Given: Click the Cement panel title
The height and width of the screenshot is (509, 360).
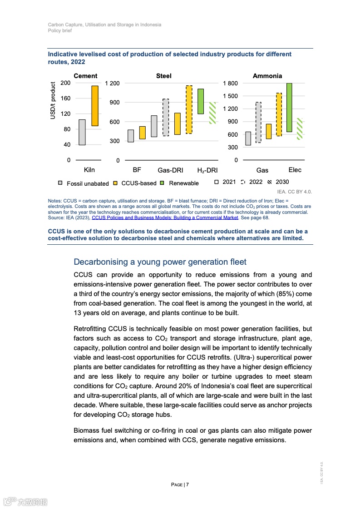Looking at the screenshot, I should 85,76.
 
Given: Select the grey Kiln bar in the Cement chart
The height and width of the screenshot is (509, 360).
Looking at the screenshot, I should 82,132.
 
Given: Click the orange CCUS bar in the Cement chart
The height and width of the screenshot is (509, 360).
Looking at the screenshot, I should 95,106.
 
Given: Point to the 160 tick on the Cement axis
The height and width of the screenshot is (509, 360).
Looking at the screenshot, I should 65,98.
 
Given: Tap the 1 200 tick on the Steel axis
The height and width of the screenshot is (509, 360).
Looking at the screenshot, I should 112,83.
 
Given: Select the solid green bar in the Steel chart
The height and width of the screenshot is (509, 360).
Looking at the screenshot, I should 201,101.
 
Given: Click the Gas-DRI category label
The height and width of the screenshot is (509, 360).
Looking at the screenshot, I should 170,171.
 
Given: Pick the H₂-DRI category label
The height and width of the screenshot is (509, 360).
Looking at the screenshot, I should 207,171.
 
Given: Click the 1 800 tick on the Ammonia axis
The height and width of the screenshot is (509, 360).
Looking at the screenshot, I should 230,83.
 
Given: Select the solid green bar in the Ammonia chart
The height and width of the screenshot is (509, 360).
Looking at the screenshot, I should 289,108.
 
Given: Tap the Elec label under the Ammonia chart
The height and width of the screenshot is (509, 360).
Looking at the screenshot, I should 295,170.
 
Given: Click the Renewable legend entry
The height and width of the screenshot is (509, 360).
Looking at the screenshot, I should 180,183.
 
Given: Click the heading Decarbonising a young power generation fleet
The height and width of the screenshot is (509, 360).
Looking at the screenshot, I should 160,262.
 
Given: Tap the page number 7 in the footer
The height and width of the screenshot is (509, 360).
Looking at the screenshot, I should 187,484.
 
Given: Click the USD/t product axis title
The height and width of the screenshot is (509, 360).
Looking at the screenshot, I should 53,101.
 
